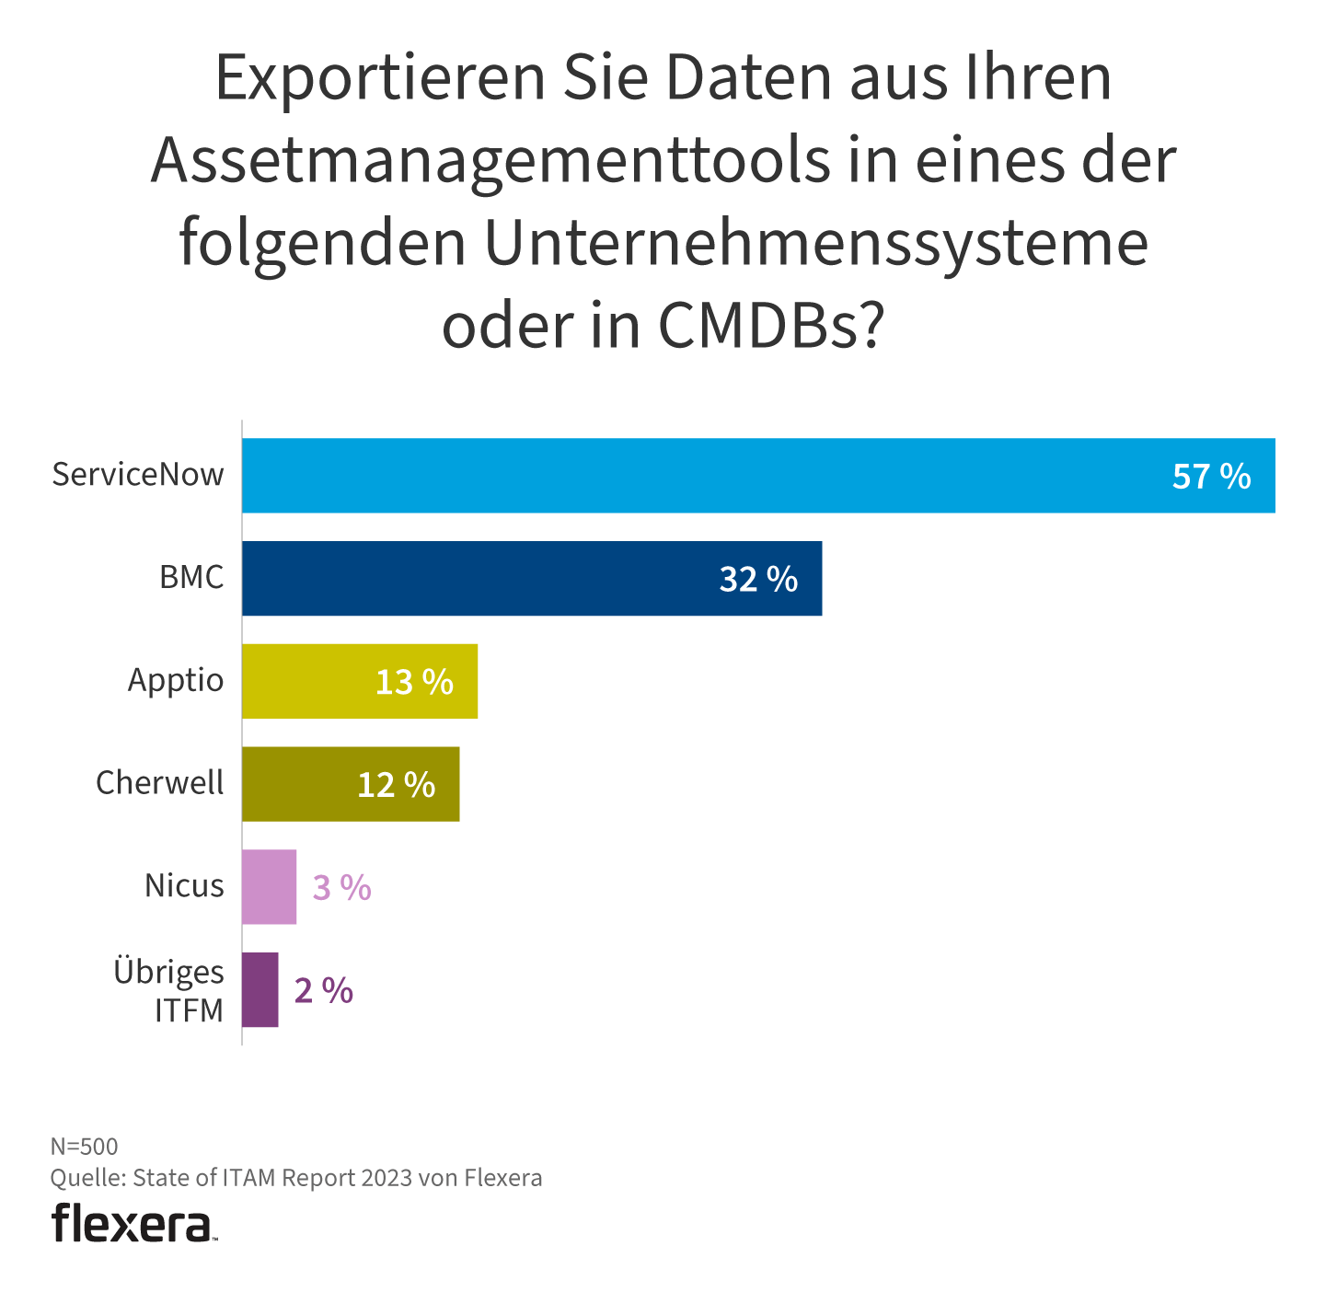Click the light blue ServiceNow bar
pos(699,475)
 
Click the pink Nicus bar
pos(269,887)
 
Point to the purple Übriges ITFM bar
pos(260,990)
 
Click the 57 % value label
pos(1211,476)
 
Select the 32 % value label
pos(758,579)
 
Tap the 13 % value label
pos(414,682)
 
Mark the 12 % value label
pos(396,785)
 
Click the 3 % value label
pos(341,888)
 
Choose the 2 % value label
pos(323,991)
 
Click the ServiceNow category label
pos(138,475)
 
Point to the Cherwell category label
pos(160,783)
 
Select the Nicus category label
pos(184,886)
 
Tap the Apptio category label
pos(176,681)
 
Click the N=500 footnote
pos(84,1147)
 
